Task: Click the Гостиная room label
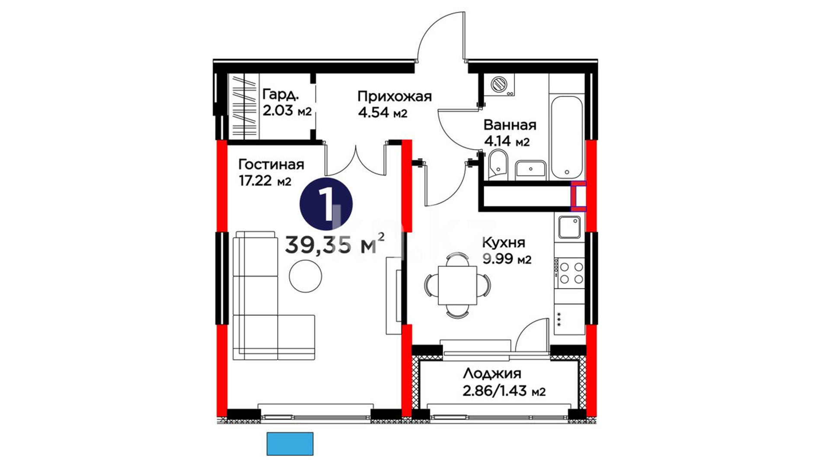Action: pyautogui.click(x=271, y=165)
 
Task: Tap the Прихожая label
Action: pyautogui.click(x=395, y=96)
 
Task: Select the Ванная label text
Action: pyautogui.click(x=510, y=125)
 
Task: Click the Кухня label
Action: pyautogui.click(x=504, y=242)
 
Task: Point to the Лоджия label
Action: pyautogui.click(x=492, y=374)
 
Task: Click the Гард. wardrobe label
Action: pyautogui.click(x=281, y=94)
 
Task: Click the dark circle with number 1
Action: pyautogui.click(x=326, y=204)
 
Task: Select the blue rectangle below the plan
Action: pyautogui.click(x=290, y=444)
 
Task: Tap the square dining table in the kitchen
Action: pyautogui.click(x=457, y=285)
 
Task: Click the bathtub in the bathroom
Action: pyautogui.click(x=566, y=137)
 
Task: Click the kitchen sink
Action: pyautogui.click(x=569, y=227)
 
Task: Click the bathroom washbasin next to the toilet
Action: pyautogui.click(x=531, y=169)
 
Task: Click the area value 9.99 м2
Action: pyautogui.click(x=507, y=259)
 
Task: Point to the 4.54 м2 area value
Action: pyautogui.click(x=383, y=113)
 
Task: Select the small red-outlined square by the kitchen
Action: pyautogui.click(x=578, y=196)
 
